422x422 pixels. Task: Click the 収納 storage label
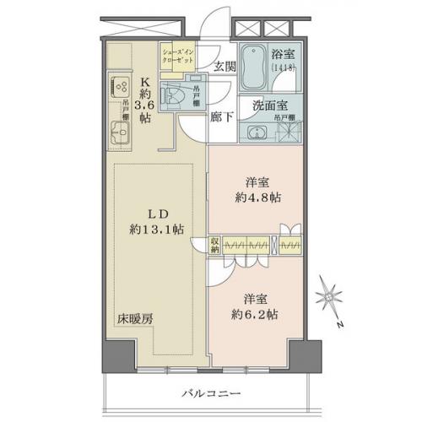[x=216, y=246]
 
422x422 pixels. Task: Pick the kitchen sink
[x=117, y=134]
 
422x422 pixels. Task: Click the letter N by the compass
[x=338, y=324]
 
